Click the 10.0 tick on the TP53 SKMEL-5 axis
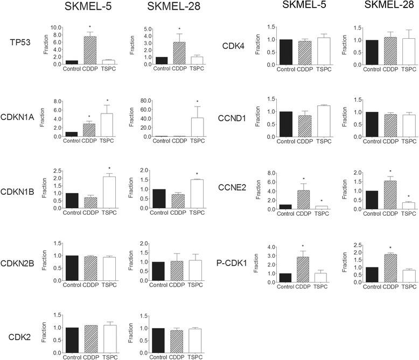[60, 27]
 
